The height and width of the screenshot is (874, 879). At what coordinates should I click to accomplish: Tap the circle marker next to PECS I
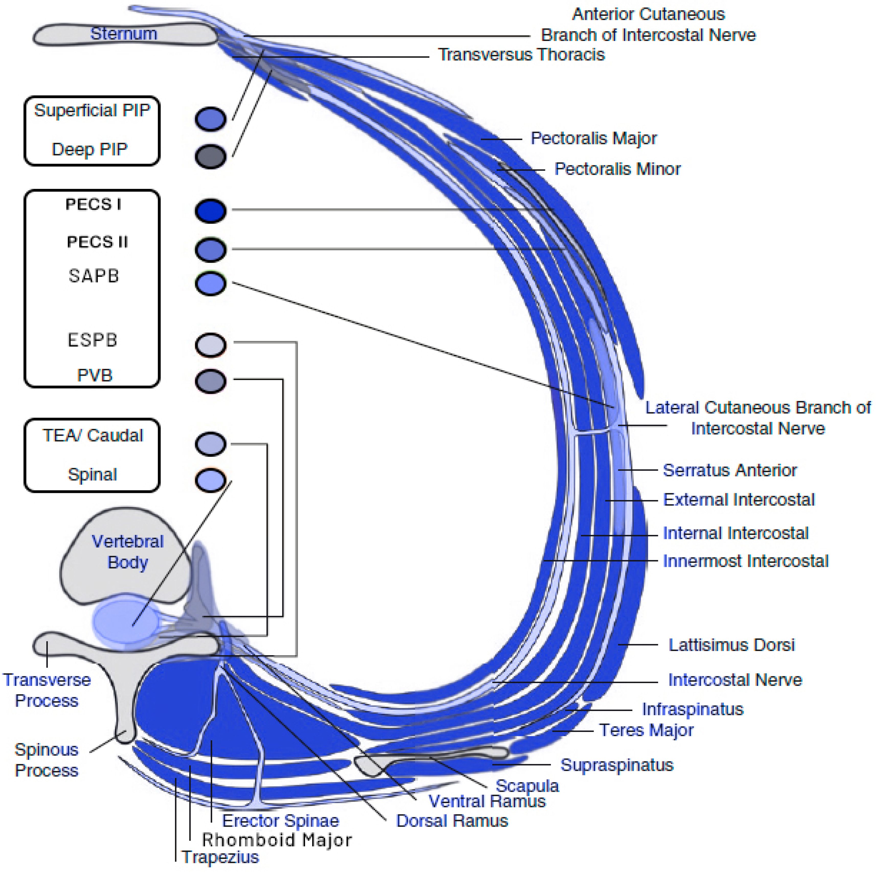pyautogui.click(x=211, y=211)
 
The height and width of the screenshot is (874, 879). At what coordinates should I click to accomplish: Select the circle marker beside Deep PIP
pyautogui.click(x=211, y=157)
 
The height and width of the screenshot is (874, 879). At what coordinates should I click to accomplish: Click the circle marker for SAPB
pyautogui.click(x=211, y=284)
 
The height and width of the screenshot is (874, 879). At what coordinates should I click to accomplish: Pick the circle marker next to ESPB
pyautogui.click(x=211, y=345)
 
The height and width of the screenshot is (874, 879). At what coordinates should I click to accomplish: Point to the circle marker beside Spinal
pyautogui.click(x=211, y=480)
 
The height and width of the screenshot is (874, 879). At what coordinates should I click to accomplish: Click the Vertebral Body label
pyautogui.click(x=128, y=552)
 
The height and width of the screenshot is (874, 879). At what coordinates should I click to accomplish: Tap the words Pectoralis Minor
pyautogui.click(x=617, y=169)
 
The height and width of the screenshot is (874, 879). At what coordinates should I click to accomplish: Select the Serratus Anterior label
pyautogui.click(x=730, y=470)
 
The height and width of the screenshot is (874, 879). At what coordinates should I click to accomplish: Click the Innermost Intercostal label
pyautogui.click(x=745, y=561)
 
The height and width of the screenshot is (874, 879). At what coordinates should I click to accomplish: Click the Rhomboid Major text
pyautogui.click(x=277, y=840)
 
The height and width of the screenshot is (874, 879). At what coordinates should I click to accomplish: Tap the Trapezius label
pyautogui.click(x=220, y=857)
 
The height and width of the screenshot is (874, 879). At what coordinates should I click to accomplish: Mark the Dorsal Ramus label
pyautogui.click(x=452, y=821)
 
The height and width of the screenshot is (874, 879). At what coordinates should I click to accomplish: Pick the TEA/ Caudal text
pyautogui.click(x=93, y=436)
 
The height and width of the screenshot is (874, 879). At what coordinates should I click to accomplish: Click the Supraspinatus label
pyautogui.click(x=617, y=765)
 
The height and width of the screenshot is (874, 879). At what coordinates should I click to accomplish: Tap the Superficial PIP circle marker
pyautogui.click(x=211, y=119)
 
